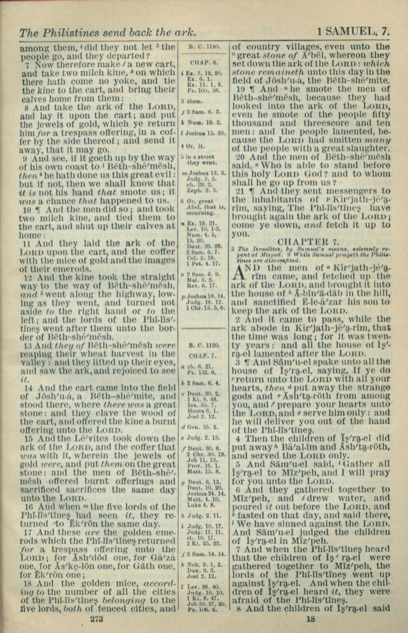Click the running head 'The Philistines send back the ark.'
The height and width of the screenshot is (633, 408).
pos(108,32)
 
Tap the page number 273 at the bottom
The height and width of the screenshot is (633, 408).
pos(97,618)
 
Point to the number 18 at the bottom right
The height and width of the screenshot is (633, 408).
pos(311,618)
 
